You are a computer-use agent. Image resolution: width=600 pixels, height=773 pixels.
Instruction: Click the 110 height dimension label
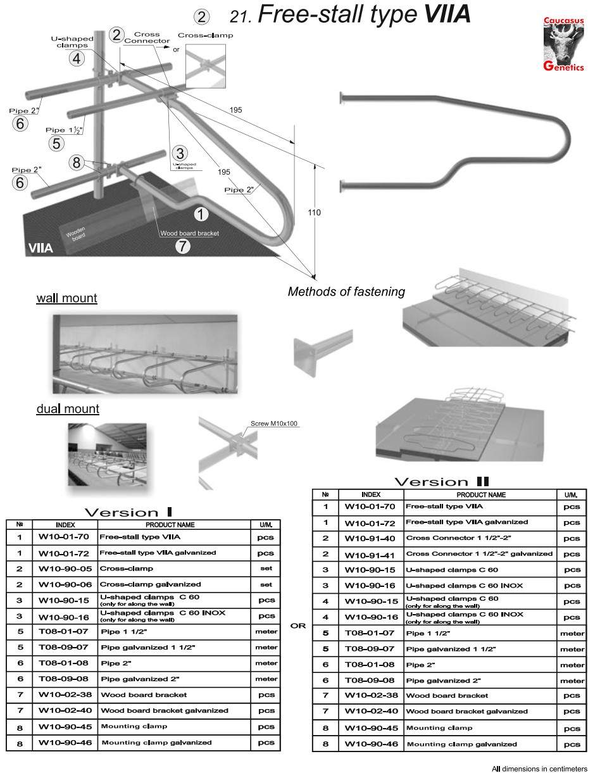[314, 213]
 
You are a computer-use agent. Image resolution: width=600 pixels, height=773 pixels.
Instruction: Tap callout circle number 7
[182, 246]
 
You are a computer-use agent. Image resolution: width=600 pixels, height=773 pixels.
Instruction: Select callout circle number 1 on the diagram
[201, 214]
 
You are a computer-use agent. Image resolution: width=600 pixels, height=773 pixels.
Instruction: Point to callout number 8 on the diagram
[77, 163]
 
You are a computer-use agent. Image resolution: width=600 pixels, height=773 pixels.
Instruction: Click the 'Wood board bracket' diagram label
[189, 234]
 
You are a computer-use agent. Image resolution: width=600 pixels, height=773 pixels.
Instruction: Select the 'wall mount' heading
[66, 298]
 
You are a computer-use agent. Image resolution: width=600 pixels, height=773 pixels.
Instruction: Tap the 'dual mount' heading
[68, 409]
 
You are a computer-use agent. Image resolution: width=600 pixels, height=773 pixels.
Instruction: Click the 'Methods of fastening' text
[346, 292]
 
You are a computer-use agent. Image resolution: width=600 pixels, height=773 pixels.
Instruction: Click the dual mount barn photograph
[107, 453]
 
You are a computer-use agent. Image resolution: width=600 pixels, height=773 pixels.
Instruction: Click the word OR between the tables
[298, 626]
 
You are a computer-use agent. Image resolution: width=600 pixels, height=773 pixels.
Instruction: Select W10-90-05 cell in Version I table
[65, 569]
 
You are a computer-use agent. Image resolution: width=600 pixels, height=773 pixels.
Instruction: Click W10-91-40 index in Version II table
[370, 538]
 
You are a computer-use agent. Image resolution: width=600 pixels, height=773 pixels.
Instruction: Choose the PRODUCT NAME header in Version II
[481, 494]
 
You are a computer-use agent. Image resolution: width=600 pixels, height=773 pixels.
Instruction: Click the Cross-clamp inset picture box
[206, 65]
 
